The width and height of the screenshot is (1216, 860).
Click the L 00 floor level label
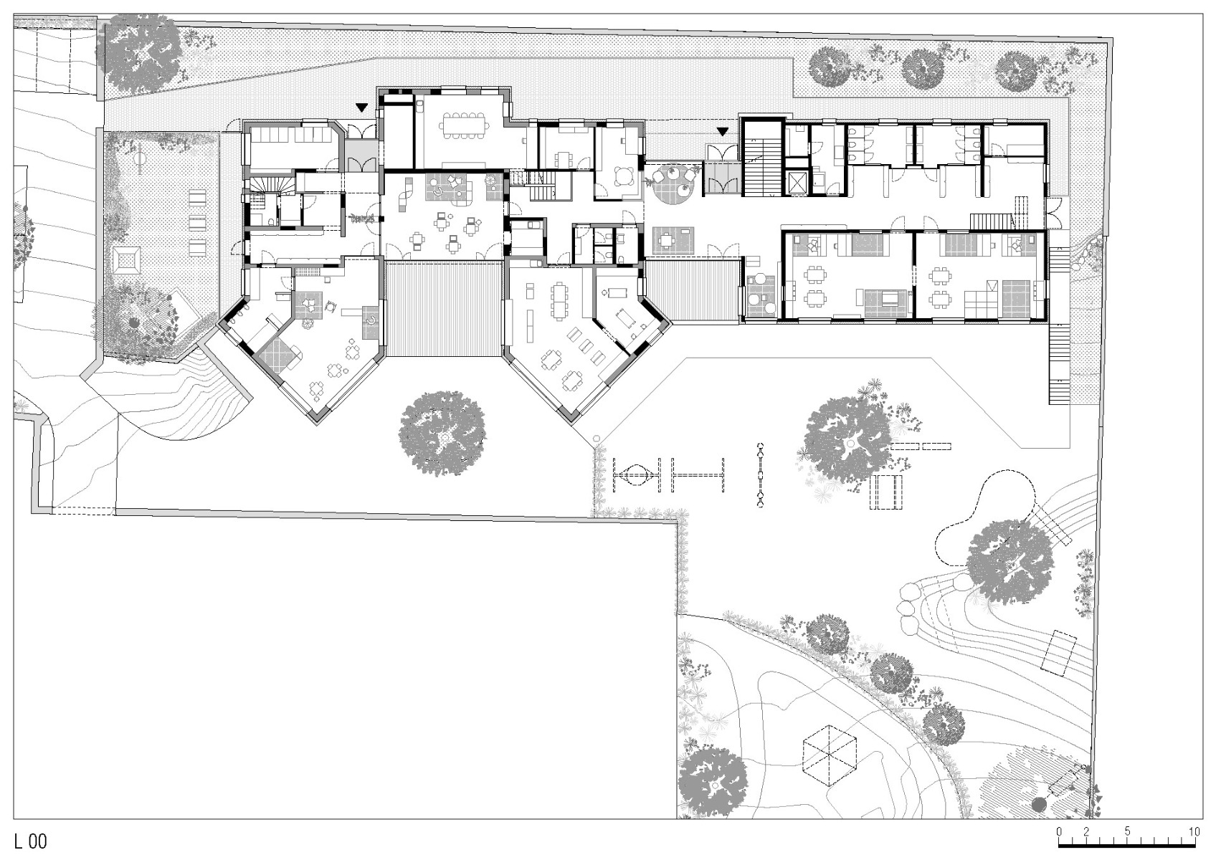pos(29,841)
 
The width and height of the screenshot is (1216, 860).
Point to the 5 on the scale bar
pos(1127,831)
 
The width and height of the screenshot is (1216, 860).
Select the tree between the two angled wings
pos(442,433)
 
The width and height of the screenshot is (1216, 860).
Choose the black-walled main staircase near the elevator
pos(762,159)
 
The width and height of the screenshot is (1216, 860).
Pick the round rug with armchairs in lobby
pos(673,179)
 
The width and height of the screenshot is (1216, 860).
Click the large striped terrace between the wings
pos(442,309)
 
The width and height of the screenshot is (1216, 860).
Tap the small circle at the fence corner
pos(597,439)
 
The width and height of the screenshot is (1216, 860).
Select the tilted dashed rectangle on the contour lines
pos(1060,652)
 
